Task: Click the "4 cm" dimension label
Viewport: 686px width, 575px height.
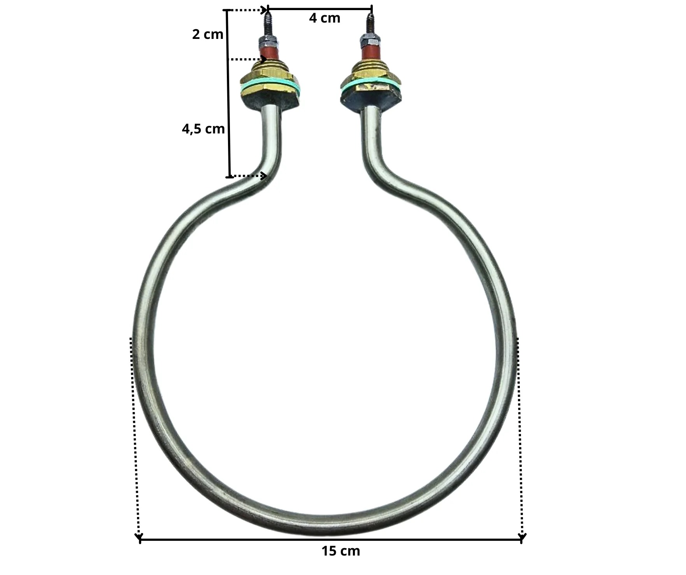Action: [325, 18]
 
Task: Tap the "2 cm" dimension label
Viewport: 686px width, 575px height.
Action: [208, 34]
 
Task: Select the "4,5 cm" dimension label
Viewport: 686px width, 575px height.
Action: [203, 129]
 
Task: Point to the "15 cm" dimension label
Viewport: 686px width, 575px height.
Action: [341, 551]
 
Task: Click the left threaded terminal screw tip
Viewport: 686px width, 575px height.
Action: [268, 10]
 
